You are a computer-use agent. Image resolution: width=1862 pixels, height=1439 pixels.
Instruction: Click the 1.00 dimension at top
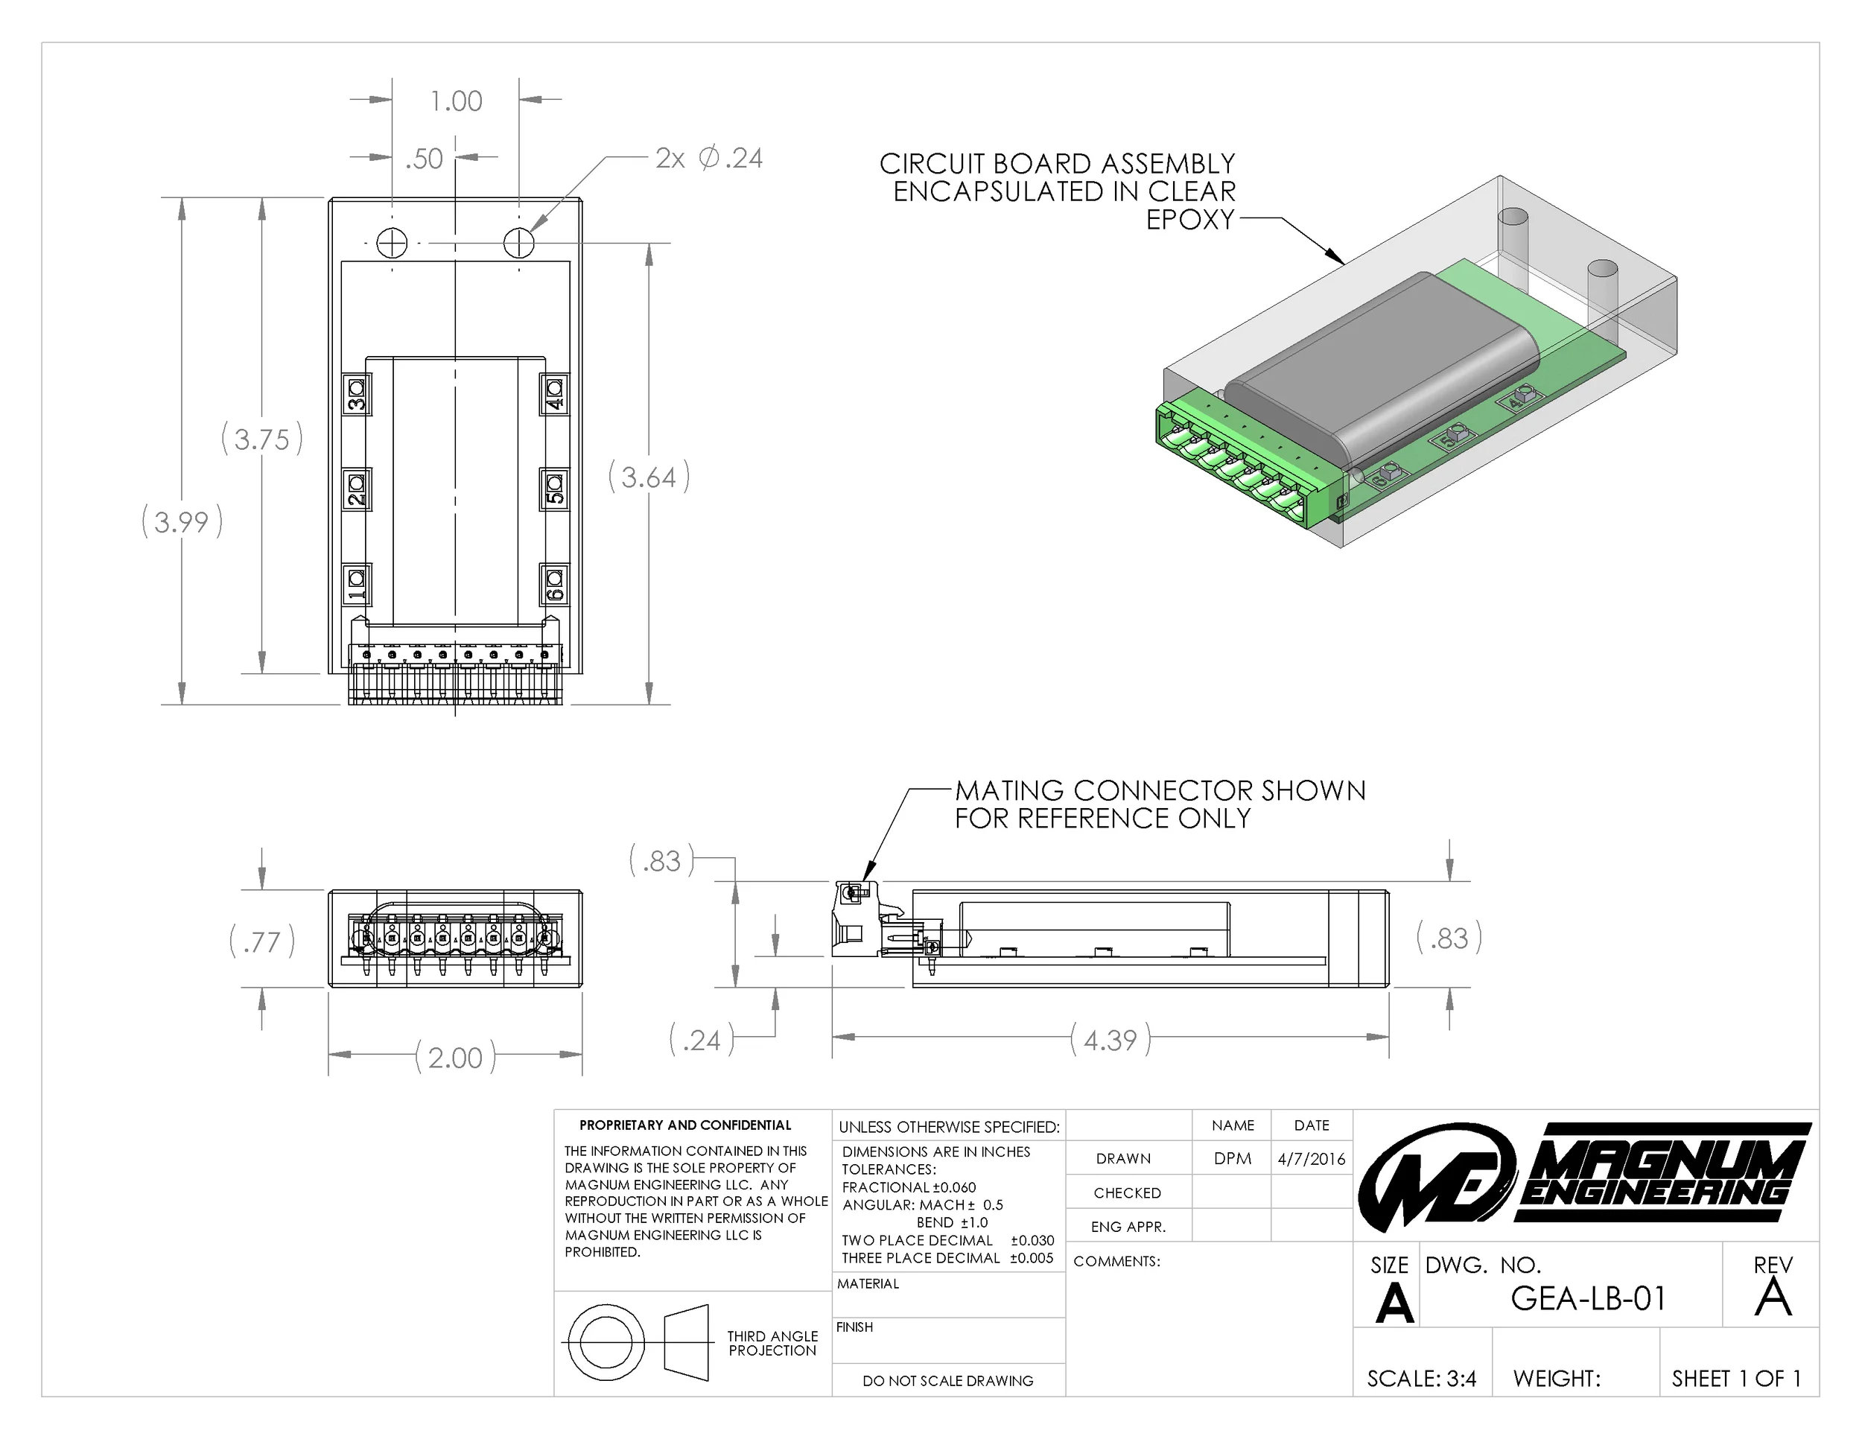pos(456,101)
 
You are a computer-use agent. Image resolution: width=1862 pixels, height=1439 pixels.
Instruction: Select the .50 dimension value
pos(424,159)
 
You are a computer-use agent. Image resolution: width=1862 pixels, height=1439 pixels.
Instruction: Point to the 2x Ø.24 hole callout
pos(708,159)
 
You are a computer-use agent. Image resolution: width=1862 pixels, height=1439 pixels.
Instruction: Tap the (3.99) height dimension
pos(182,521)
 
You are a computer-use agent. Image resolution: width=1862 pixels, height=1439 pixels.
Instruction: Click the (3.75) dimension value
pos(261,439)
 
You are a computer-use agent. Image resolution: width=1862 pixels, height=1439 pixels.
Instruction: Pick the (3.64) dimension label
pos(649,477)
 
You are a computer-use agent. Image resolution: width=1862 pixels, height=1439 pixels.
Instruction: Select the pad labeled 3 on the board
pos(356,395)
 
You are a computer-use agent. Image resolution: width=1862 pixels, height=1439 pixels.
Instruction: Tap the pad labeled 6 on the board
pos(554,585)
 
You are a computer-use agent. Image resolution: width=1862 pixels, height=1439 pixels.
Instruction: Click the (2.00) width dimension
pos(455,1057)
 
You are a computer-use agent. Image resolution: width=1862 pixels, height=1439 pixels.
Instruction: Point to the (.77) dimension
pos(261,942)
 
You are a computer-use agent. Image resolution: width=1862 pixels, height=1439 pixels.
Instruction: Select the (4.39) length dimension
pos(1110,1039)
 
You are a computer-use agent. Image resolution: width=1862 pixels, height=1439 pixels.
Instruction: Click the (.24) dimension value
pos(701,1040)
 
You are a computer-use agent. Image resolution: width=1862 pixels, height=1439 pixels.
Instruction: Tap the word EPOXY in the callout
pos(1189,220)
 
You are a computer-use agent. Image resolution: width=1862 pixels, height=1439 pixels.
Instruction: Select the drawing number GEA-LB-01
pos(1587,1297)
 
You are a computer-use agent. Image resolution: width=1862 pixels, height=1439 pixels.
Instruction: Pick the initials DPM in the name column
pos(1232,1158)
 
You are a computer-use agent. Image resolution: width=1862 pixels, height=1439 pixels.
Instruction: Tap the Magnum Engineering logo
pos(1584,1175)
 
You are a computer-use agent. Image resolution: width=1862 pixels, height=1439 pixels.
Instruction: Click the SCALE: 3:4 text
pos(1421,1379)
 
